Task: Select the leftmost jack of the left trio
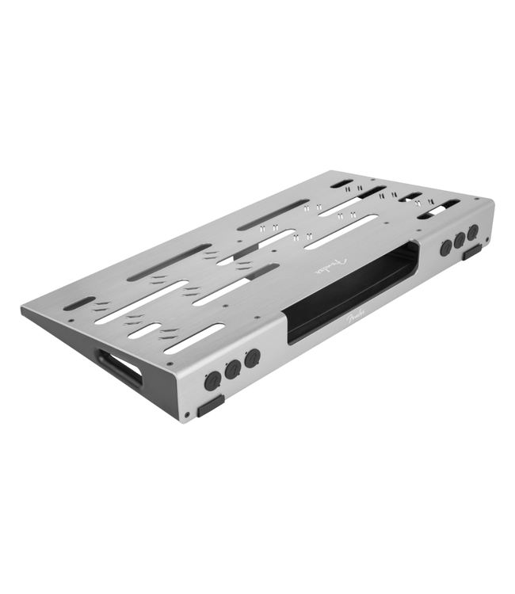(212, 381)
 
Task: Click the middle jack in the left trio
(232, 370)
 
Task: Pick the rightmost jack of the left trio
(252, 359)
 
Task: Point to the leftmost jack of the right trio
(445, 249)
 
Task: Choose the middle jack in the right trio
(460, 241)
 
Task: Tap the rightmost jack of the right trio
(473, 233)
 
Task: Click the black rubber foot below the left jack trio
(211, 406)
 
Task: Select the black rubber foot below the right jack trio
(472, 253)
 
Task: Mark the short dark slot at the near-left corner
(79, 303)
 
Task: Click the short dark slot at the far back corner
(342, 184)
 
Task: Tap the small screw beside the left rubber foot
(186, 414)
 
